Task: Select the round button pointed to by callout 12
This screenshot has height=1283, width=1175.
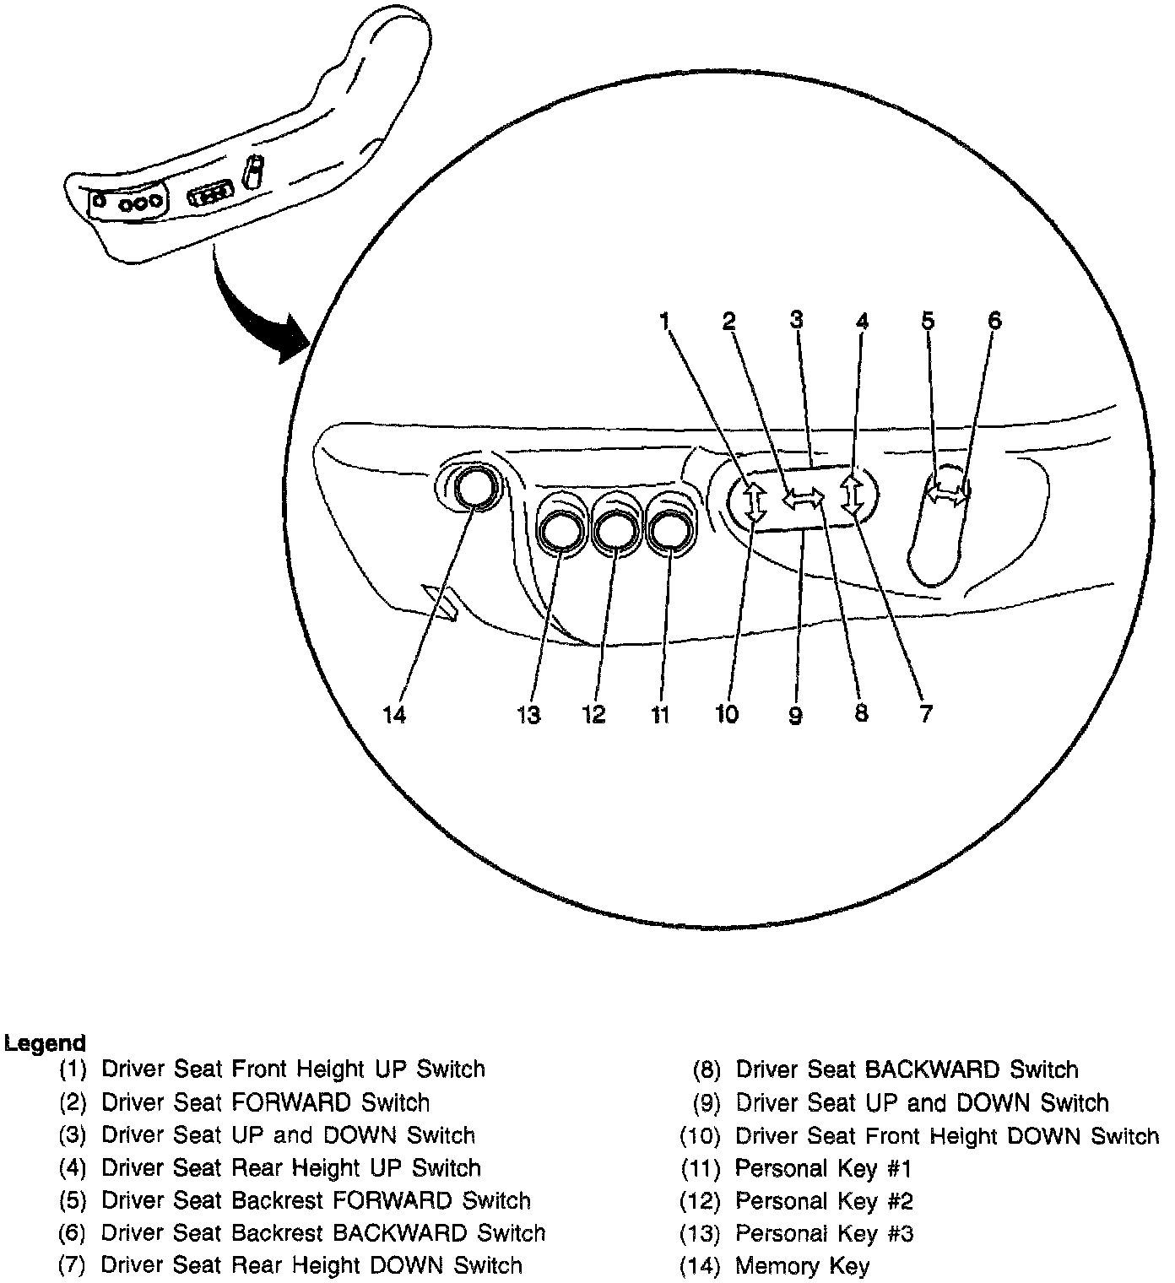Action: point(615,530)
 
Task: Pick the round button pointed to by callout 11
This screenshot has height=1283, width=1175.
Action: point(671,530)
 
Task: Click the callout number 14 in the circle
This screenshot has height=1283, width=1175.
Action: point(395,715)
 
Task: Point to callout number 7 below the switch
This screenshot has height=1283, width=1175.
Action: point(926,713)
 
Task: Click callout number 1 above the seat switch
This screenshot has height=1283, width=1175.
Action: point(665,321)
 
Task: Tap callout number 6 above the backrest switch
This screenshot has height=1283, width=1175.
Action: point(994,320)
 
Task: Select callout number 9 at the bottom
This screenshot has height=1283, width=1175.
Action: point(795,715)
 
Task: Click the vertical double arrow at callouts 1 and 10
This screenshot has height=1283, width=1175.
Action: point(755,500)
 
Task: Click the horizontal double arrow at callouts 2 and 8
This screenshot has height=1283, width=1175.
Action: point(803,500)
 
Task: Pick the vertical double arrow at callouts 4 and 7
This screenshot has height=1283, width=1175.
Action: point(853,494)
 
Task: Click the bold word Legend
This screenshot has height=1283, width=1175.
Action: point(45,1043)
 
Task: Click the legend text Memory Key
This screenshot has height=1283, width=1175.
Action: point(802,1266)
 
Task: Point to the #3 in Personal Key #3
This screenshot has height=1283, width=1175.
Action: point(900,1233)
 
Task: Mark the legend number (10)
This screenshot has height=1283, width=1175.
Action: point(700,1135)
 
